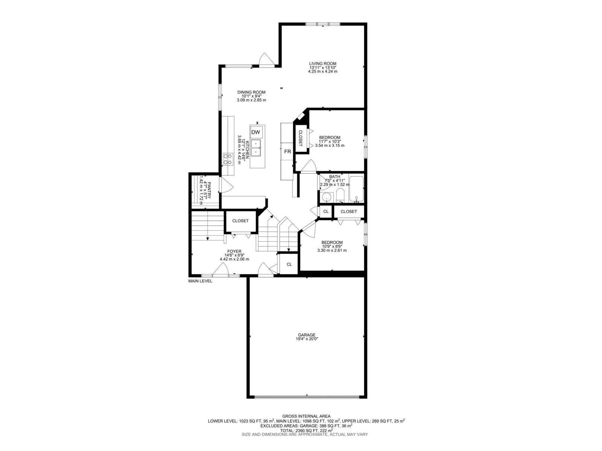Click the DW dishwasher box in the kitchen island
coord(255,132)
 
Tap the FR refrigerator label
coord(287,151)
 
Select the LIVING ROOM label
coord(322,64)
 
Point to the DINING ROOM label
coord(251,92)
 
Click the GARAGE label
coord(307,334)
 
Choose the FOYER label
coord(234,251)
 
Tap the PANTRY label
coord(209,190)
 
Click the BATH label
coord(334,177)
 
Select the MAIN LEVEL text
coord(200,281)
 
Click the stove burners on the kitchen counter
coord(228,159)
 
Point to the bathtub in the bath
coord(356,189)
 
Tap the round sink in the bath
coord(326,197)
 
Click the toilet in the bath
coord(340,195)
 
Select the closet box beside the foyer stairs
coord(240,221)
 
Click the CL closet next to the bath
coord(326,211)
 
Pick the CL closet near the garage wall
coord(289,264)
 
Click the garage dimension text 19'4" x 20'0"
coord(307,339)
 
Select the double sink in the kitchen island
coord(255,148)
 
